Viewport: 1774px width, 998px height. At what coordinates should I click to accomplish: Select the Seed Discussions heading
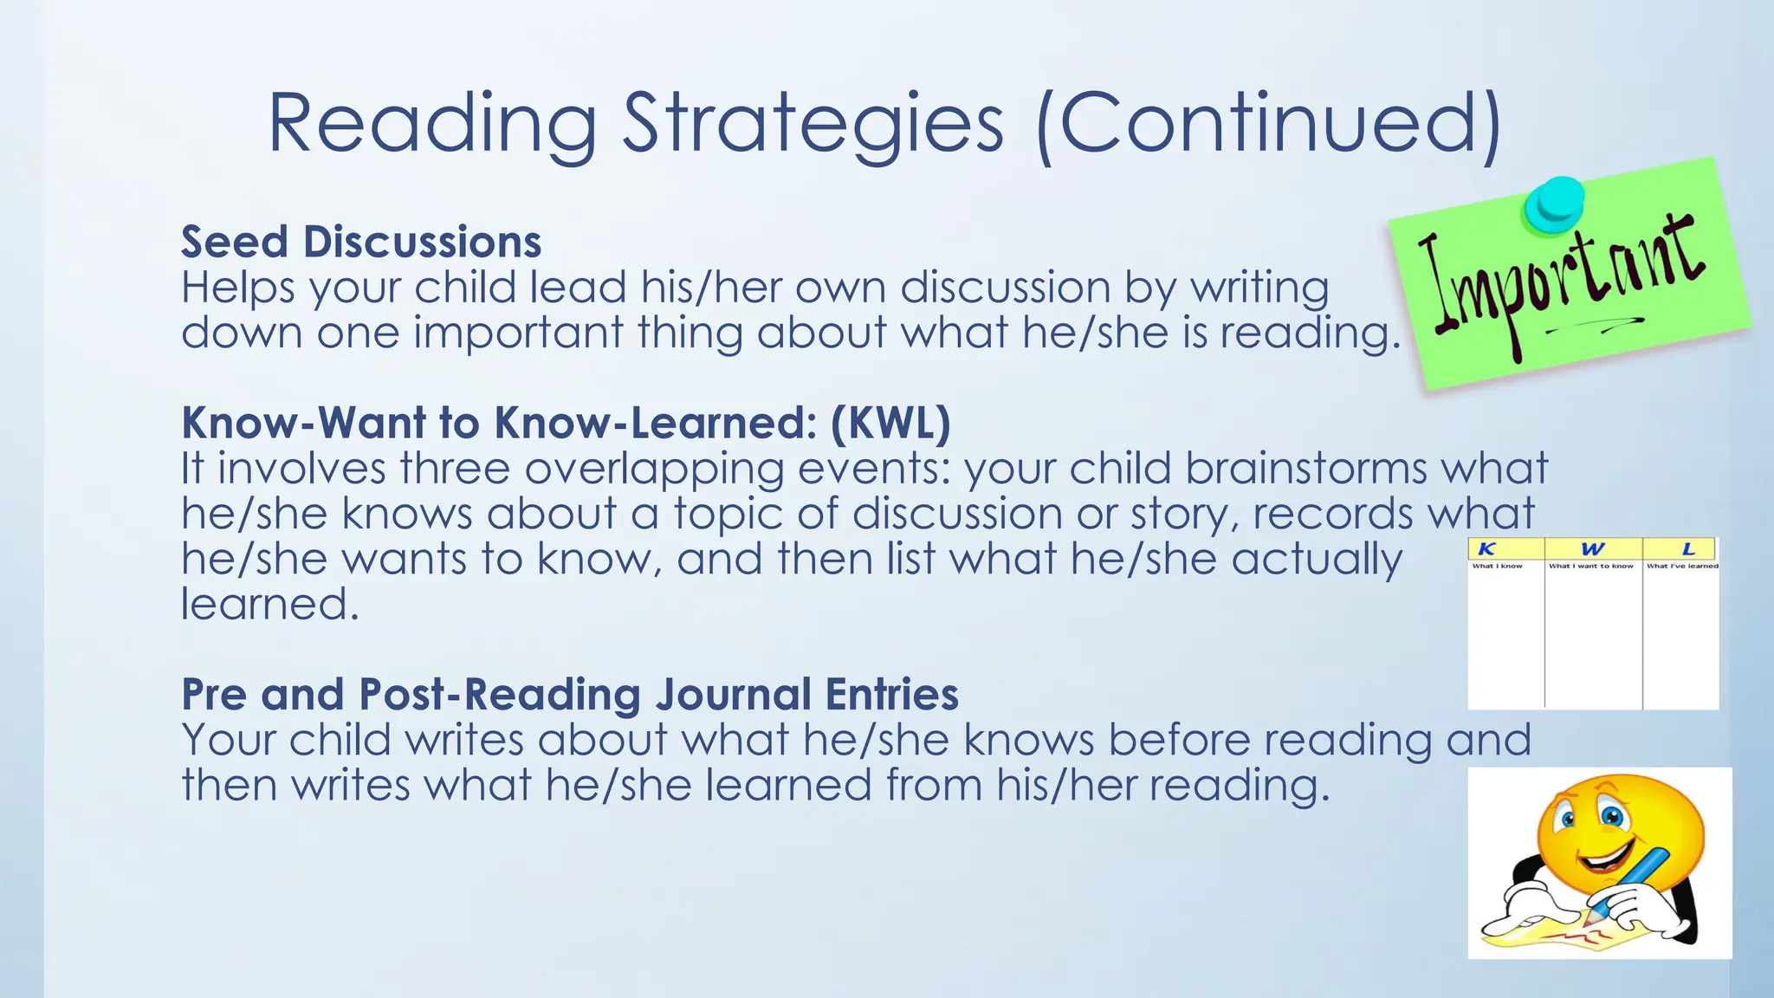(361, 242)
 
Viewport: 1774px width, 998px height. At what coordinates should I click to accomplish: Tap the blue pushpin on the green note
(1555, 204)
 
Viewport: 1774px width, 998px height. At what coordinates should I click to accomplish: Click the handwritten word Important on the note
(1559, 277)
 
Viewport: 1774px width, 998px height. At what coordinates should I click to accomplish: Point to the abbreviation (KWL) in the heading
(890, 423)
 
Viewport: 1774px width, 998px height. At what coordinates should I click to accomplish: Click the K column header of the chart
(1486, 548)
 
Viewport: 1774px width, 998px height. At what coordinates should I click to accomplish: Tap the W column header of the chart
(1592, 548)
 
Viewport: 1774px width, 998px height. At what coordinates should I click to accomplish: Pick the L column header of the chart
(1687, 548)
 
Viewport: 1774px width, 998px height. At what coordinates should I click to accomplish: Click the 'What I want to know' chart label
(1591, 566)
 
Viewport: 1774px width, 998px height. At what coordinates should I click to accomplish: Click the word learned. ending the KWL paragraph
(269, 604)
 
